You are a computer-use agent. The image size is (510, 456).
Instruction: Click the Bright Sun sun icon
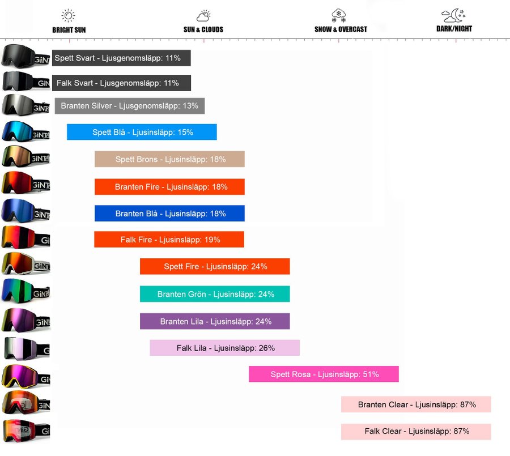tap(69, 15)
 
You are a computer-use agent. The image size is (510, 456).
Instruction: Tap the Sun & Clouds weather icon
tap(203, 16)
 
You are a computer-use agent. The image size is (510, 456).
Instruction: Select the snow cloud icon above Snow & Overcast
tap(339, 15)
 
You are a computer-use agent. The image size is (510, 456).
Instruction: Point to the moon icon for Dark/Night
tap(453, 15)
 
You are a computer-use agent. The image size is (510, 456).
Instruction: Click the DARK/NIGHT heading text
tap(454, 29)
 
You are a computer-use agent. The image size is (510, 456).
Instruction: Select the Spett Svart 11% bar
tap(121, 58)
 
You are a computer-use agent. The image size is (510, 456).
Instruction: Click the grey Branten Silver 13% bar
tap(129, 106)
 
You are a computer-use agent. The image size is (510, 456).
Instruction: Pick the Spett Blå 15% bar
tap(142, 132)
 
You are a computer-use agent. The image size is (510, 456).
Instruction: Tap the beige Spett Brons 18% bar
tap(169, 159)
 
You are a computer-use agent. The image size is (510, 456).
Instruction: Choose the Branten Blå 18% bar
tap(169, 214)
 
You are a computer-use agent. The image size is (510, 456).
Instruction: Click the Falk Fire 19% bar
tap(169, 240)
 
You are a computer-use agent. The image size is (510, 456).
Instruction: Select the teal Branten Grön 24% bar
tap(215, 294)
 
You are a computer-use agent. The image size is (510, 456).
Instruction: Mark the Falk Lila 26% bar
tap(225, 348)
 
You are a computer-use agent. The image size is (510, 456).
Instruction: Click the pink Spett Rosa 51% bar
tap(324, 374)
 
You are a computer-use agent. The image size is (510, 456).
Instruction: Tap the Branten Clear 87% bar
tap(416, 404)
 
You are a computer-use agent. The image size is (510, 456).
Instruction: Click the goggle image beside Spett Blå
tap(25, 131)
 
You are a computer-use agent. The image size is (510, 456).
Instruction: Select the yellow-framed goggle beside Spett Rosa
tap(25, 377)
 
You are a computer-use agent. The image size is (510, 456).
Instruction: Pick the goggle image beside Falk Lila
tap(27, 349)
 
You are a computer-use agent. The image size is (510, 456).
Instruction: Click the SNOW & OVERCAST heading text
tap(341, 29)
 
